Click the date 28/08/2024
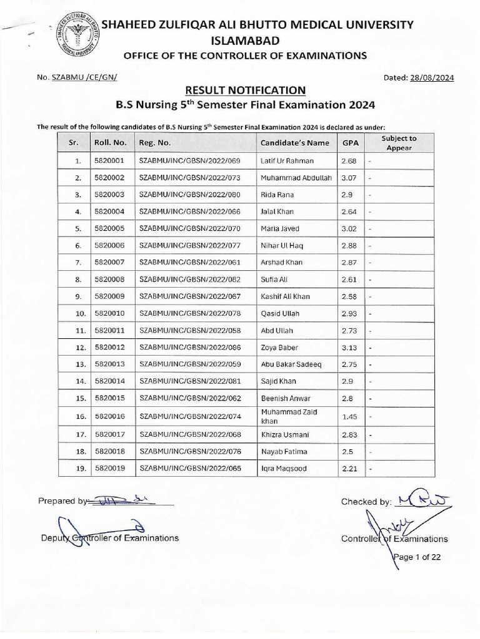pyautogui.click(x=432, y=77)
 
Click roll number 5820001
pyautogui.click(x=109, y=160)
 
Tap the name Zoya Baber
pyautogui.click(x=279, y=347)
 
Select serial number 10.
pyautogui.click(x=80, y=313)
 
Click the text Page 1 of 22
pyautogui.click(x=417, y=557)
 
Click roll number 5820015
pyautogui.click(x=109, y=398)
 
